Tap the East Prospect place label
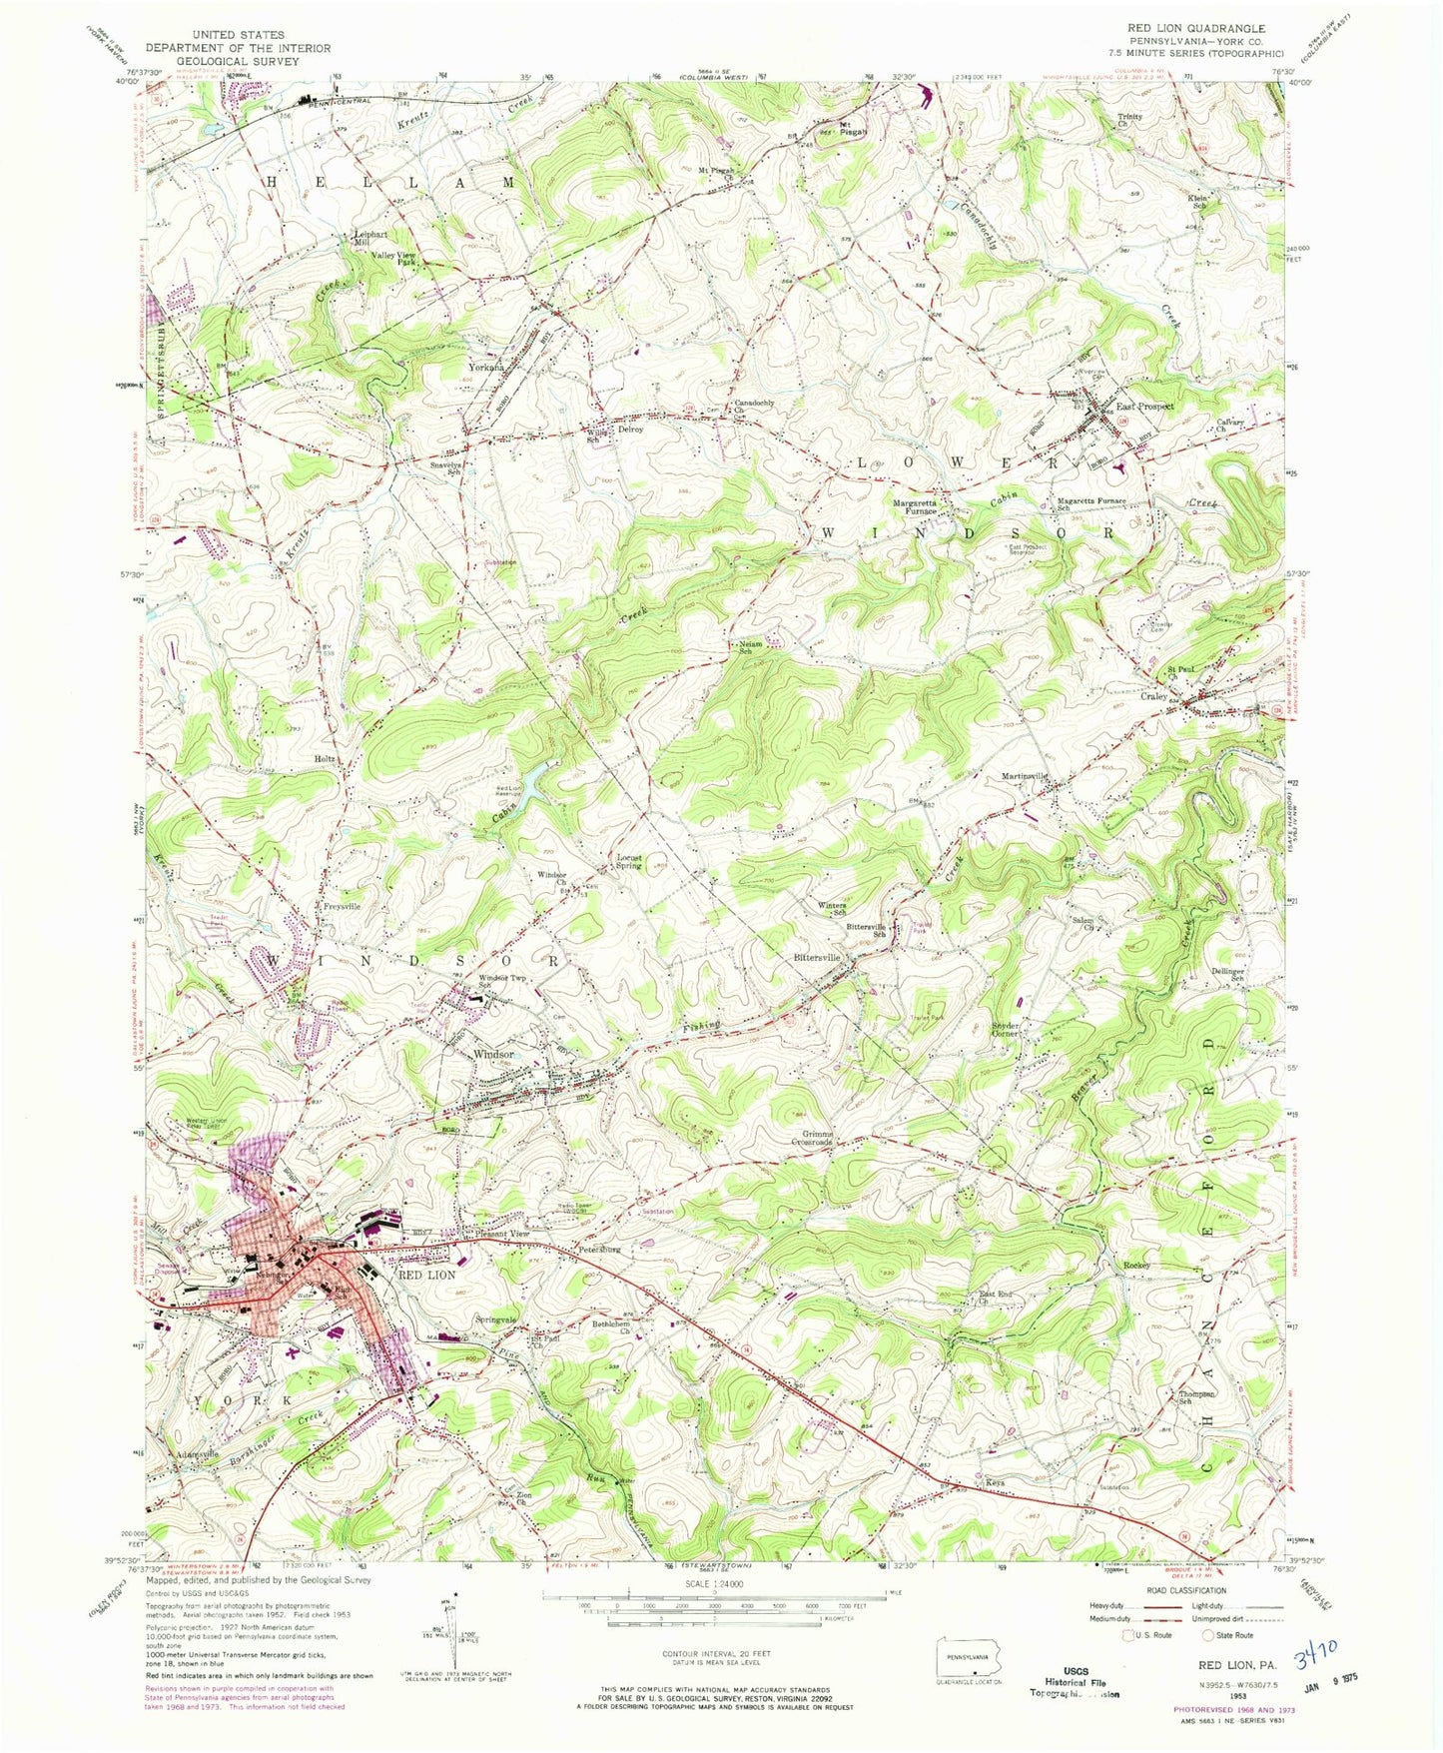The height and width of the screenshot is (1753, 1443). (x=1143, y=408)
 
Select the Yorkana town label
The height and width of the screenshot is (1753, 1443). (x=486, y=368)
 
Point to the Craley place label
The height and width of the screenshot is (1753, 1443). (x=1153, y=696)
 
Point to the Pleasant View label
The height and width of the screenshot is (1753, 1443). (x=501, y=1235)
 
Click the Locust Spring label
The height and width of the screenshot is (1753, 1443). (x=628, y=861)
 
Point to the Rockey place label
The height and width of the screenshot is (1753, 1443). (x=1136, y=1266)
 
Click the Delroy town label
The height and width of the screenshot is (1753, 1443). (x=629, y=430)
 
